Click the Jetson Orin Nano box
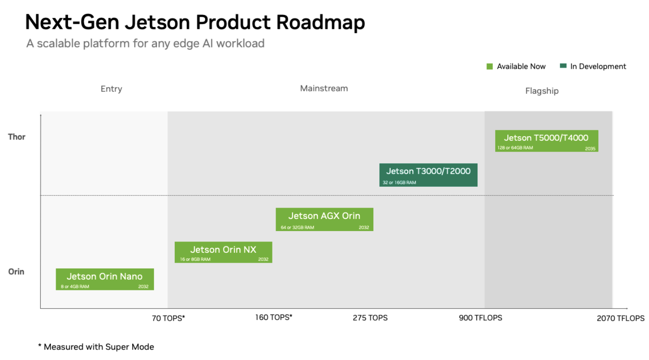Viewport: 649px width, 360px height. point(105,279)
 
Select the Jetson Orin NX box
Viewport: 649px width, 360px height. point(224,252)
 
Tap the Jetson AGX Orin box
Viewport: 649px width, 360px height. point(324,219)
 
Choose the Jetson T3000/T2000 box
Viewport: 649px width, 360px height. point(429,175)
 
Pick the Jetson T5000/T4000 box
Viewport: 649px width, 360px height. point(547,141)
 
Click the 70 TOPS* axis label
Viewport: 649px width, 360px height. point(168,318)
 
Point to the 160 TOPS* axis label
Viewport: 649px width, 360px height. point(273,317)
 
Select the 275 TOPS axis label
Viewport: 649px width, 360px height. point(370,318)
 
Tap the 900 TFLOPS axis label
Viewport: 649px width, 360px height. point(480,318)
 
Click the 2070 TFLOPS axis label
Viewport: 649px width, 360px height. point(620,318)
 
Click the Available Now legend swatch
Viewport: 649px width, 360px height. point(490,66)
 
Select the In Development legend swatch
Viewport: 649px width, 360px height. point(563,66)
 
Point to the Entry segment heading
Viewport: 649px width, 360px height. point(111,89)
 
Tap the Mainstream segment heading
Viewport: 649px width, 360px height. point(324,88)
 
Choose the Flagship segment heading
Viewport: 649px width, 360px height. point(542,91)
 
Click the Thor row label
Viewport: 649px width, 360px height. point(16,137)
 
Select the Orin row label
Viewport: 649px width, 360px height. point(16,272)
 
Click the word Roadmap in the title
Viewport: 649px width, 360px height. point(320,22)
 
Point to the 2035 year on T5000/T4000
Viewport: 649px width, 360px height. point(590,149)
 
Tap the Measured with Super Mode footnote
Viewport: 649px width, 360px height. point(96,347)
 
